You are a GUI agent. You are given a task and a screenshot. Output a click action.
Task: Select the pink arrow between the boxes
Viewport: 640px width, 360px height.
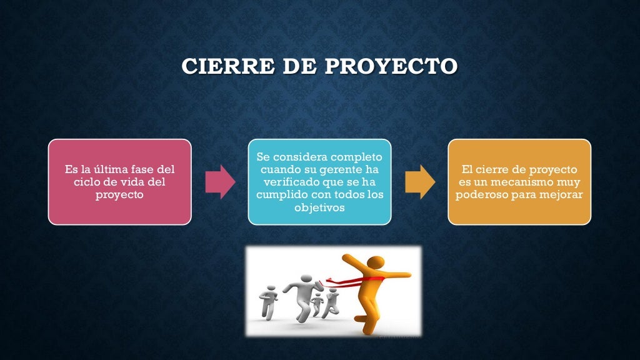pos(220,182)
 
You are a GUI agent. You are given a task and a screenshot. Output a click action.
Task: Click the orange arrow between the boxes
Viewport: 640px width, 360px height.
pos(420,182)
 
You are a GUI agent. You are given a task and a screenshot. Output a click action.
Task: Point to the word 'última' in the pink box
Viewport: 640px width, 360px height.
pos(111,169)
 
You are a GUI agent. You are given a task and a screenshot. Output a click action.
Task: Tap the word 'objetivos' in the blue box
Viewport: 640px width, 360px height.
pos(319,207)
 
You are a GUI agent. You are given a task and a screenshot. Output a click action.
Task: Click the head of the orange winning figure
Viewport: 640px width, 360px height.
pos(374,261)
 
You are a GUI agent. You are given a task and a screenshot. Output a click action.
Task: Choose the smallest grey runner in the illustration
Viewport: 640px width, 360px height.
pos(317,303)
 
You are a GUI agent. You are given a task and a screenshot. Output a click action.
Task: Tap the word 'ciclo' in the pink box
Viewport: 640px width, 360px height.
pos(86,182)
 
